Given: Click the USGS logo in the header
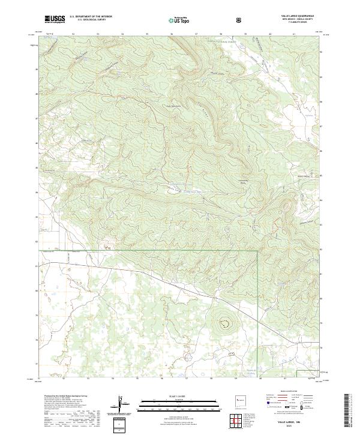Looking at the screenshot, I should pyautogui.click(x=54, y=20).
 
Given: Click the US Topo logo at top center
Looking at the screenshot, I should pyautogui.click(x=179, y=20).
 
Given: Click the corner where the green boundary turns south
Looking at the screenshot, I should pyautogui.click(x=258, y=250).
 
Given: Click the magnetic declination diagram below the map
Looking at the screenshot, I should pyautogui.click(x=124, y=404).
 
